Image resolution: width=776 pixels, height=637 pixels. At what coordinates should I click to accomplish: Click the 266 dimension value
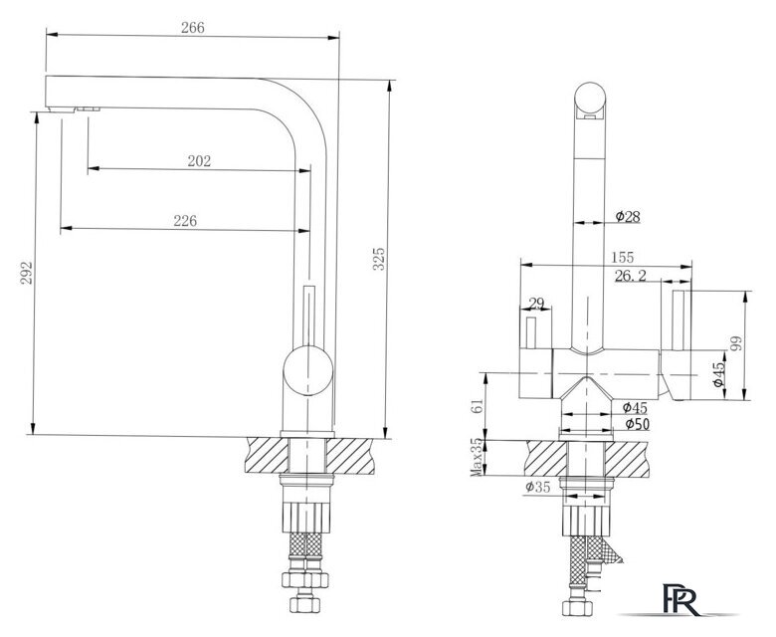click(x=193, y=28)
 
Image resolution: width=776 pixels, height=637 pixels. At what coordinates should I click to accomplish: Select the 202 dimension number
click(x=199, y=161)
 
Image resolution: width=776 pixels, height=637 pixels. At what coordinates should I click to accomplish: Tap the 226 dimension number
click(x=185, y=220)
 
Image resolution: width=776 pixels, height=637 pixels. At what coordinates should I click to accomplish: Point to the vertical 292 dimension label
click(x=26, y=273)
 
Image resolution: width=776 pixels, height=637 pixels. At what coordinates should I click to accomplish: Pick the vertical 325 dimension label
click(x=378, y=259)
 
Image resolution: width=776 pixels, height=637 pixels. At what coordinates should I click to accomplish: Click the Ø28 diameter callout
click(x=628, y=216)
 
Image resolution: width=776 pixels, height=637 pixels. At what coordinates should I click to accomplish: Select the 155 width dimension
click(x=622, y=258)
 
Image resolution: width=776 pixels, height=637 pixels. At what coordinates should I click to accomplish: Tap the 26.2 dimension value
click(x=631, y=276)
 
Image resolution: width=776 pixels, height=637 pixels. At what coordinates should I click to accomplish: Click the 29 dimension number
click(x=536, y=303)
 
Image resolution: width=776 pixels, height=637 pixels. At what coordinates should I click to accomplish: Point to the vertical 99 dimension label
click(x=736, y=343)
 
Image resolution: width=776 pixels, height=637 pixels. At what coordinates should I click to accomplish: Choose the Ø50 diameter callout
click(x=637, y=424)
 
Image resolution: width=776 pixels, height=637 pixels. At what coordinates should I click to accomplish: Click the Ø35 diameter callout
click(x=538, y=487)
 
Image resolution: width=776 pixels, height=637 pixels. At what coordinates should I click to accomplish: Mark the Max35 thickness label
click(x=477, y=457)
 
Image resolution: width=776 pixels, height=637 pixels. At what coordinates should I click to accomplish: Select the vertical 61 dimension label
click(x=478, y=406)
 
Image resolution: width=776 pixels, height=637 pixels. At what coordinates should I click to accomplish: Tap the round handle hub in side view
click(x=307, y=371)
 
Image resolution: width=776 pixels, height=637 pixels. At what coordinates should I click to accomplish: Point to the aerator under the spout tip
click(x=62, y=109)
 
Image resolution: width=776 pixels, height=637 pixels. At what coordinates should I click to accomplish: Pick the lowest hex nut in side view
click(x=304, y=604)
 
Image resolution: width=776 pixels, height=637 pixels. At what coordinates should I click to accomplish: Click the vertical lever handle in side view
click(x=309, y=316)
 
